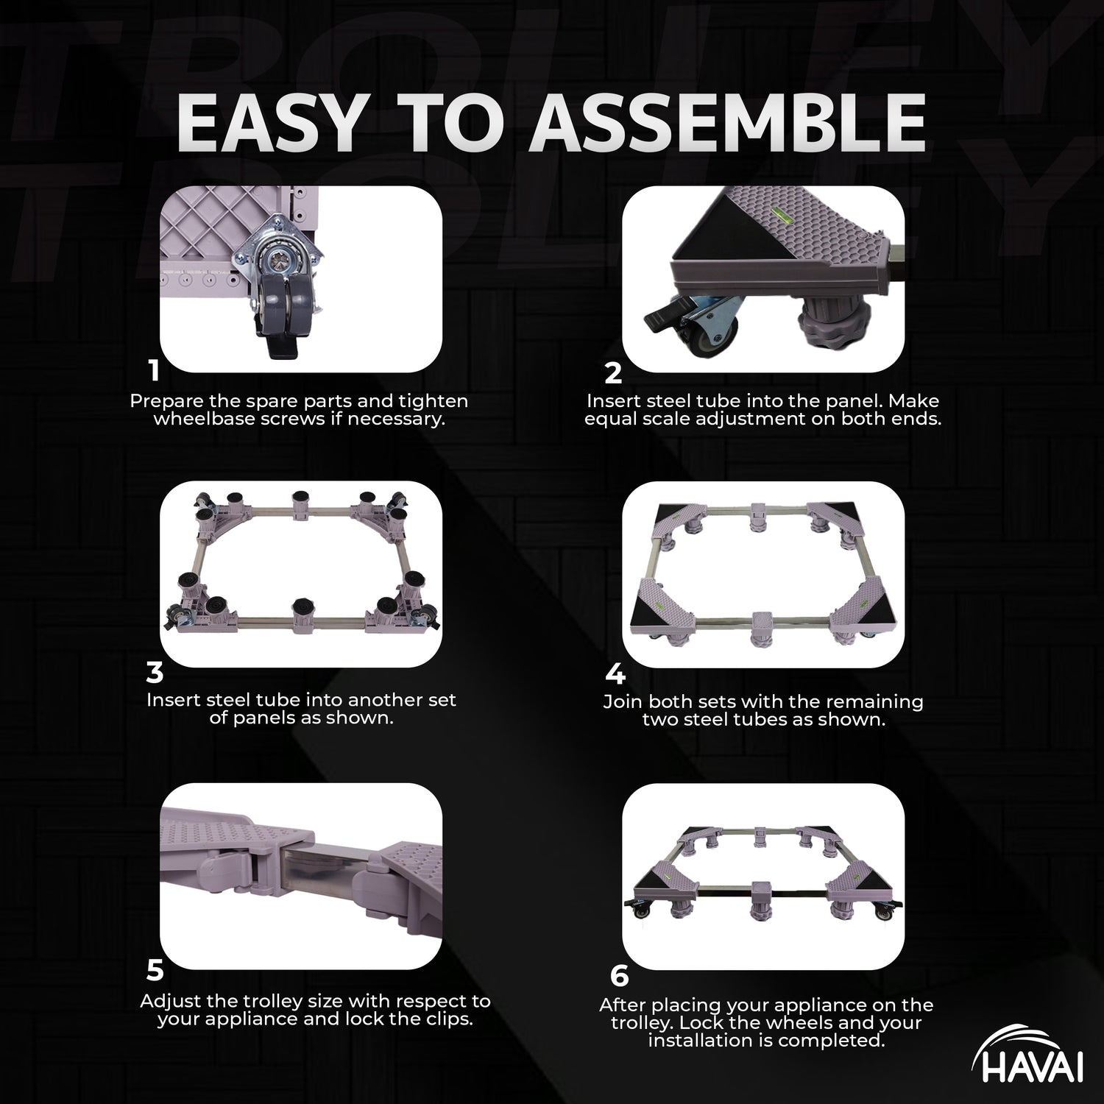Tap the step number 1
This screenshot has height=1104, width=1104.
click(153, 370)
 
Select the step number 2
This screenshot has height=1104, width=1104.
click(613, 373)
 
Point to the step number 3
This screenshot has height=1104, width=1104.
click(155, 673)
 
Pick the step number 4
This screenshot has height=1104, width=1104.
click(615, 675)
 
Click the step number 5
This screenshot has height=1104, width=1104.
click(155, 971)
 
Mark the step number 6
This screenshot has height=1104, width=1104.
click(620, 976)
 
